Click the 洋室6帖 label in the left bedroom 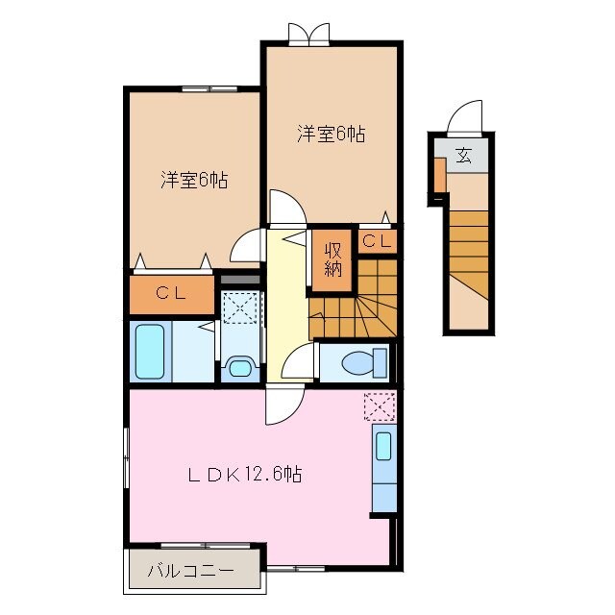pyautogui.click(x=193, y=180)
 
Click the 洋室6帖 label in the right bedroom pyautogui.click(x=331, y=134)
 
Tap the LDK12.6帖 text pyautogui.click(x=245, y=474)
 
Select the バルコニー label pyautogui.click(x=190, y=571)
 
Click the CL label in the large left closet pyautogui.click(x=172, y=294)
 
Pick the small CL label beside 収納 pyautogui.click(x=377, y=241)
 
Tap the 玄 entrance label pyautogui.click(x=463, y=155)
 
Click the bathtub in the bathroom pyautogui.click(x=151, y=352)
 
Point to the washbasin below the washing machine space pyautogui.click(x=238, y=366)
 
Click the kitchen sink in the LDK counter pyautogui.click(x=383, y=447)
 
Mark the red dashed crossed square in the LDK pyautogui.click(x=380, y=406)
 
